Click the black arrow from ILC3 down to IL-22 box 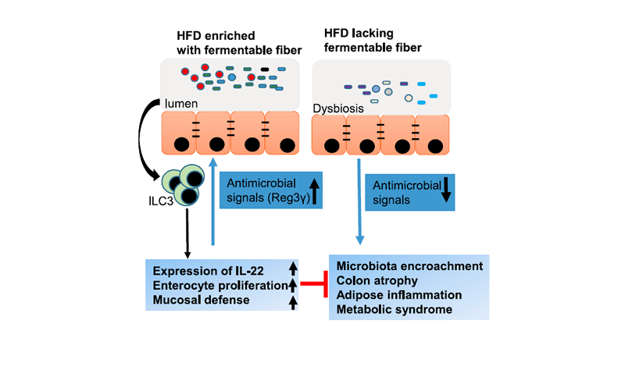pos(187,230)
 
